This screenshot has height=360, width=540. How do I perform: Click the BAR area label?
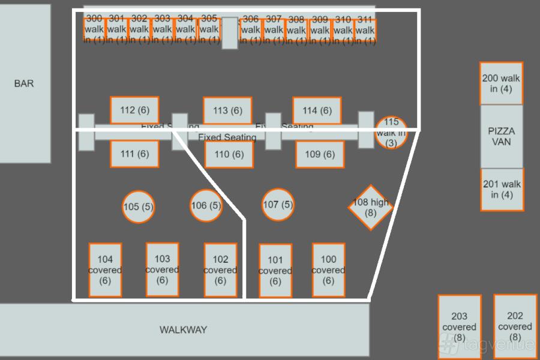coord(24,83)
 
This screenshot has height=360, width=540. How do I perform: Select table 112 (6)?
coord(134,110)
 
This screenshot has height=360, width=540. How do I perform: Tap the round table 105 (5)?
coord(138,207)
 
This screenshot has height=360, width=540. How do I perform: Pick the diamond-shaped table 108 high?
coord(370,208)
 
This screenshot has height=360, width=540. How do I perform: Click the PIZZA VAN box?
coord(501,137)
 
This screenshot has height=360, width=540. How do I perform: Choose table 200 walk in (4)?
coord(501,83)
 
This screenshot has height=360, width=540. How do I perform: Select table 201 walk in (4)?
coord(502,190)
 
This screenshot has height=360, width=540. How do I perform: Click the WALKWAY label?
coord(183,329)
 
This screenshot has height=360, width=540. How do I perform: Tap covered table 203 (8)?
coord(459,327)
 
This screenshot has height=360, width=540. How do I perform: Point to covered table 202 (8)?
coord(515,326)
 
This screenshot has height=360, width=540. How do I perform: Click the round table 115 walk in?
coord(391,133)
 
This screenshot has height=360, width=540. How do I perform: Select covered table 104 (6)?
coord(105,270)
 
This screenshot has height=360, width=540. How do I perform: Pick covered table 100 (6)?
coord(328,270)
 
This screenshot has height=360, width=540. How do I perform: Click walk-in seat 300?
coord(94,29)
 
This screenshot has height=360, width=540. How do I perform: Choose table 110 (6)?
coord(229,155)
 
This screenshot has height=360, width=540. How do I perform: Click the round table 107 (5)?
coord(278,205)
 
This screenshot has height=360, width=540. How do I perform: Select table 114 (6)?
coord(317,110)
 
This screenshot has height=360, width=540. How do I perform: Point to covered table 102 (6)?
coord(220,270)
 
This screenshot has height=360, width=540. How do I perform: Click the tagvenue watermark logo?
coord(486,344)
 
